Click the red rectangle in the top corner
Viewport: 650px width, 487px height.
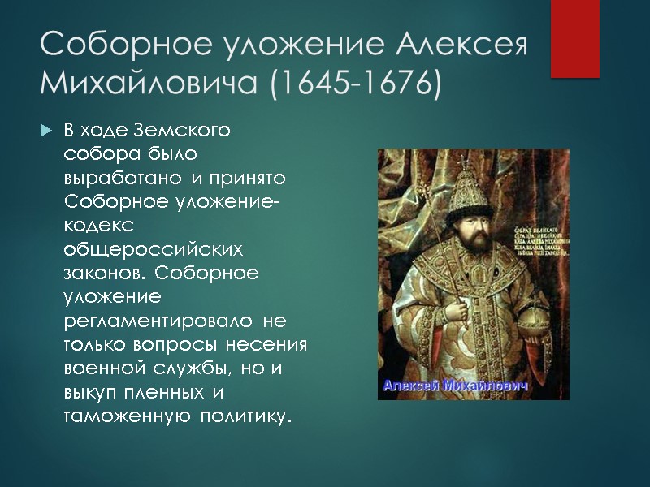pos(574,38)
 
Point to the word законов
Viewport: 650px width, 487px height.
pos(106,272)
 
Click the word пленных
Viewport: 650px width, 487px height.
pos(168,392)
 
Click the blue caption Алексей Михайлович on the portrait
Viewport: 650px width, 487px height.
pos(456,386)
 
